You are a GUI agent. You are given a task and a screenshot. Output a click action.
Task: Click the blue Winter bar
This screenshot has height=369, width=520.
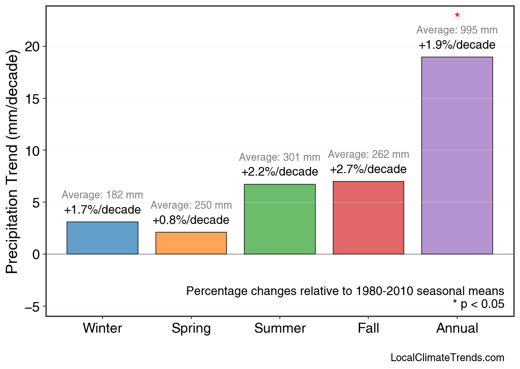pos(103,238)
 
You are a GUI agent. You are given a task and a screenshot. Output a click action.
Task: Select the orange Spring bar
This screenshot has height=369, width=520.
pos(191,243)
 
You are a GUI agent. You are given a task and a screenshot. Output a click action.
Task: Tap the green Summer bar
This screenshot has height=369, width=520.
pos(280,219)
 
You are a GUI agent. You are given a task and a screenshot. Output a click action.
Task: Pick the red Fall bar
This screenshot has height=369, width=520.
pos(368,218)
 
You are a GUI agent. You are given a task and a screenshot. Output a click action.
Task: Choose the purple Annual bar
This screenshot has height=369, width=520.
pos(457,155)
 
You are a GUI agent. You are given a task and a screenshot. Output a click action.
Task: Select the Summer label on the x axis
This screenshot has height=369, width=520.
pos(280,329)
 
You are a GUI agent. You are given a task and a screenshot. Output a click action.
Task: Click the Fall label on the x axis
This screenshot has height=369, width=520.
pos(368,329)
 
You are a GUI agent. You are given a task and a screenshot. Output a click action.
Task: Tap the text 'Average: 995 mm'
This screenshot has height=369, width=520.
pos(457,30)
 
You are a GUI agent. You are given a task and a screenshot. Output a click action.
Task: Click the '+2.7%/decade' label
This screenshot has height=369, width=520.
pos(368,169)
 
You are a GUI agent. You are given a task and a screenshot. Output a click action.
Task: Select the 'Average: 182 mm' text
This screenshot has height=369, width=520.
pos(102,195)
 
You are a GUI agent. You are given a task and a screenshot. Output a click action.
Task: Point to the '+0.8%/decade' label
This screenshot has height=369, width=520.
pos(191,220)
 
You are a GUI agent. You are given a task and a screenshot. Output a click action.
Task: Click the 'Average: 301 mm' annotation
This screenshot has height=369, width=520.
pos(279,157)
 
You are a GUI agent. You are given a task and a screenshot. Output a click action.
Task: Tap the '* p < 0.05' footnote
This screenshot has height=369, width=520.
pos(478,305)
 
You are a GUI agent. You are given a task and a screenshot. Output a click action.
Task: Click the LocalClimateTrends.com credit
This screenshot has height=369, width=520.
pos(447,358)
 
